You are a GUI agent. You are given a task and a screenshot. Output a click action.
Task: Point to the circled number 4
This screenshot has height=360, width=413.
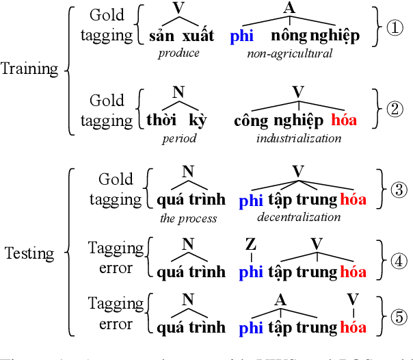click(x=398, y=261)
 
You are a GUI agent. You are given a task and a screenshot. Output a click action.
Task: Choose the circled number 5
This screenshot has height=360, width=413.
click(x=398, y=318)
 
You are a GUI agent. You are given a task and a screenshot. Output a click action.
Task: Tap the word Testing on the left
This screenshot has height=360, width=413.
click(x=29, y=253)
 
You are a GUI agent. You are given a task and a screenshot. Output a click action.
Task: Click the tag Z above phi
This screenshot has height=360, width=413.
click(x=250, y=244)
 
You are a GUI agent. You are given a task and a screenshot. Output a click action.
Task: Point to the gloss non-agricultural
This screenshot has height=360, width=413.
click(x=290, y=53)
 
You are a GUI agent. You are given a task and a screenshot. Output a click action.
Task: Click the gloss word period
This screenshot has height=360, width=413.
click(x=179, y=138)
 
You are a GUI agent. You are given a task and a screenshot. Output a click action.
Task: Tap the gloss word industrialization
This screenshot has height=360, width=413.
click(x=299, y=138)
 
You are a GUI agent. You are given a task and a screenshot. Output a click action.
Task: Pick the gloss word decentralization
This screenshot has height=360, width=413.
click(x=299, y=217)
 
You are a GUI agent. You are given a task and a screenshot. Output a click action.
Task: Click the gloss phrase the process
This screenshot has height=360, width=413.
click(x=188, y=218)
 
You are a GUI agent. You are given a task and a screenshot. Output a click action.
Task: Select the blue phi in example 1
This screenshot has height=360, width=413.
click(x=242, y=36)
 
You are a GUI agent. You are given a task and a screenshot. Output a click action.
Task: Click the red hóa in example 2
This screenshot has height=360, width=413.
click(x=343, y=120)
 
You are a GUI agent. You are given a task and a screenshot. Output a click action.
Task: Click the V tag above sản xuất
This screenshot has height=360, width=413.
click(x=178, y=8)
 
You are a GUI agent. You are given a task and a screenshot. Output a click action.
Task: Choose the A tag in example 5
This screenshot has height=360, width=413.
click(x=280, y=300)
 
